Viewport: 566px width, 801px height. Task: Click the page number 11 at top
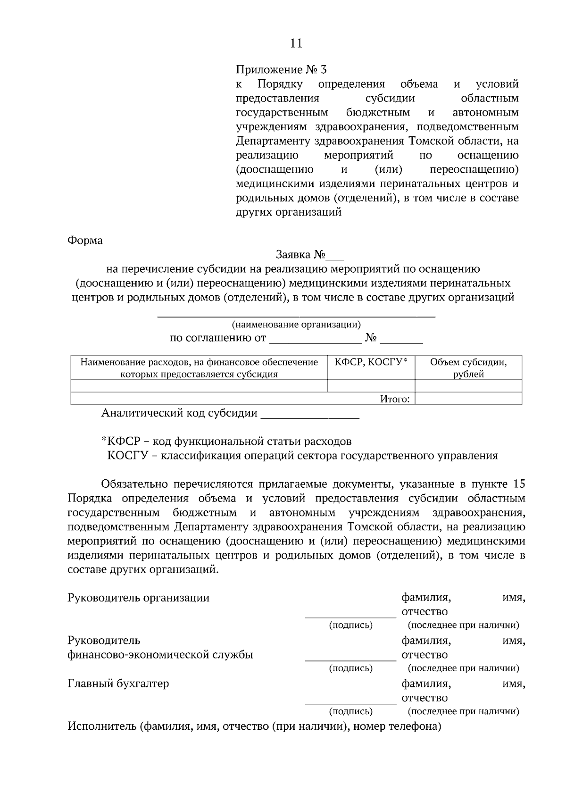(x=296, y=43)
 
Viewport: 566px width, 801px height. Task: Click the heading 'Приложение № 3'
(x=281, y=70)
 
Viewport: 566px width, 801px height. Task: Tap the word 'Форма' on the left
(x=85, y=240)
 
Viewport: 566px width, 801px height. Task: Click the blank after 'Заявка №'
(x=336, y=256)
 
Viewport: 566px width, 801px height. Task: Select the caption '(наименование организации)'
(x=296, y=325)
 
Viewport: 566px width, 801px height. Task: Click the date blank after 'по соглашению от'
(x=315, y=340)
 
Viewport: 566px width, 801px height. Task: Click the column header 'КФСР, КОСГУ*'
(x=371, y=362)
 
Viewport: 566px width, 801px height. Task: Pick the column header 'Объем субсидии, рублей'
(x=468, y=368)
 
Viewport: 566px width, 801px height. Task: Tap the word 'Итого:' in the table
(x=395, y=399)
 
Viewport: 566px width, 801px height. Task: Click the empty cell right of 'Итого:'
(x=468, y=399)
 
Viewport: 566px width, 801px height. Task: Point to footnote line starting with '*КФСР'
(x=226, y=442)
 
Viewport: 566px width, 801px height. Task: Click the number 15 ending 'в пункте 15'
(x=518, y=484)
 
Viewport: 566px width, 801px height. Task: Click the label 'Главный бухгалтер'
(x=118, y=684)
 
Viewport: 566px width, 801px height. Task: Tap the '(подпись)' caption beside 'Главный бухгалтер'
(x=350, y=711)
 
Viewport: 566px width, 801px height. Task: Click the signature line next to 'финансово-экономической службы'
(x=350, y=659)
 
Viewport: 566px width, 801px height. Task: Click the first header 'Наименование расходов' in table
(x=199, y=362)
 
